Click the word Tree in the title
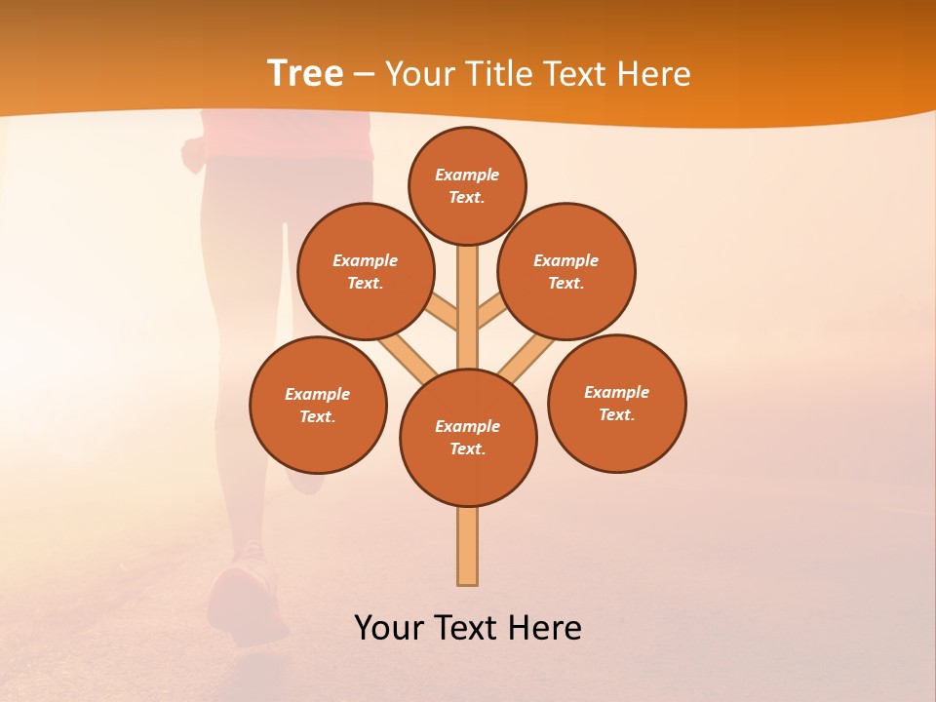click(305, 74)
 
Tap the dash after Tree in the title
click(364, 75)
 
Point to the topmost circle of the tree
click(467, 185)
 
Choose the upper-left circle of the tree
click(365, 271)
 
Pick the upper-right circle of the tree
click(565, 271)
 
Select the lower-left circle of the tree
click(318, 405)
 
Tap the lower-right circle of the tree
click(616, 403)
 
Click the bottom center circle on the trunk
click(468, 437)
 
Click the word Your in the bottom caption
click(391, 628)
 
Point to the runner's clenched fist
click(194, 150)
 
